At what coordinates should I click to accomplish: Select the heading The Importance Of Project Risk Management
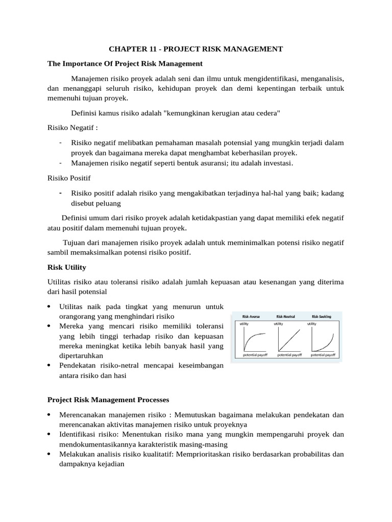coord(125,64)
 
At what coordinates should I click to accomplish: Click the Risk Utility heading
coord(66,267)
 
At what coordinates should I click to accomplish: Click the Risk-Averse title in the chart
coord(251,317)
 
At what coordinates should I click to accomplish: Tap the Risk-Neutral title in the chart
coord(286,317)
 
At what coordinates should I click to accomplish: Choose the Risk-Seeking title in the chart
coord(321,317)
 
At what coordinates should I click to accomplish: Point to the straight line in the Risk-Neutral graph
coord(287,337)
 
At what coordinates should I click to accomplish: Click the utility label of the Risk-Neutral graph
coord(278,324)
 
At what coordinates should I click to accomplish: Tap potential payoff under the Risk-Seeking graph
coord(323,354)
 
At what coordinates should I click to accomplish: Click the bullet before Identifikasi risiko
coord(48,434)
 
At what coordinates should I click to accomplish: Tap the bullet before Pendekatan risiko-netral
coord(48,366)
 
